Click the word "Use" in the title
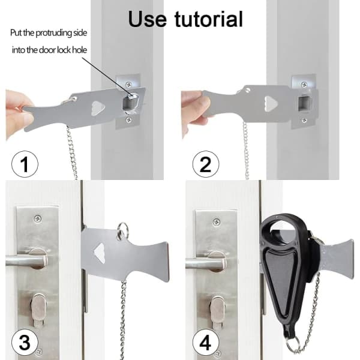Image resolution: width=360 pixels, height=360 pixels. (x=147, y=19)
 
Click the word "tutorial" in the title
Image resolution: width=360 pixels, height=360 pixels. (x=208, y=19)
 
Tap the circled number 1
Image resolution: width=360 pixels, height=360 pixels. (x=25, y=164)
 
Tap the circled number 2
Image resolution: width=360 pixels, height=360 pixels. (x=206, y=164)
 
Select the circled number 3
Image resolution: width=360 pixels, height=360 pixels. (x=25, y=343)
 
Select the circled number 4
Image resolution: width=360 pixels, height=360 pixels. (x=206, y=343)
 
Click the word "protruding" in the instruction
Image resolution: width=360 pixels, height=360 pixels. (x=54, y=33)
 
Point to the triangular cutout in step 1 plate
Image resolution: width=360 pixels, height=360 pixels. (x=98, y=108)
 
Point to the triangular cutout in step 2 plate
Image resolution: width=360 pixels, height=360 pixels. (x=271, y=104)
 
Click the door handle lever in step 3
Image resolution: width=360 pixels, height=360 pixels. (x=26, y=260)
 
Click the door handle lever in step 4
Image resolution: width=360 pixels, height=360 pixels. (x=205, y=263)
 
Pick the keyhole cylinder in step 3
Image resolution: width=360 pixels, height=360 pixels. (x=39, y=310)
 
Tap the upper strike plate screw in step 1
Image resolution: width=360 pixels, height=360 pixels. (x=128, y=85)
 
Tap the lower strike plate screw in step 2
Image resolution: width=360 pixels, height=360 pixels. (x=304, y=120)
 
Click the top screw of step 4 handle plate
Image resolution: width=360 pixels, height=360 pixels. (x=217, y=222)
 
